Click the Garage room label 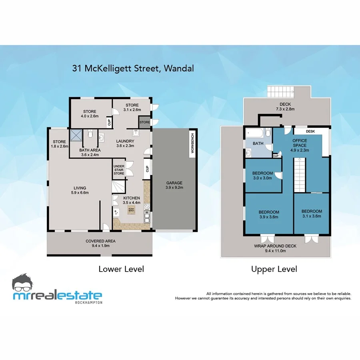(174, 185)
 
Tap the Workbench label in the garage (192, 143)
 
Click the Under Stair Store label (119, 170)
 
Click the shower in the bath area (76, 136)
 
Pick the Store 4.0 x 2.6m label (90, 114)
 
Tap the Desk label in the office (310, 131)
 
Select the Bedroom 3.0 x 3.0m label (262, 176)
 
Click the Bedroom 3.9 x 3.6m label (269, 214)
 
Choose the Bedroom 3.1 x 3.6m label (312, 214)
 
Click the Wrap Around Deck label (275, 248)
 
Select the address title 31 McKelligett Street (133, 68)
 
